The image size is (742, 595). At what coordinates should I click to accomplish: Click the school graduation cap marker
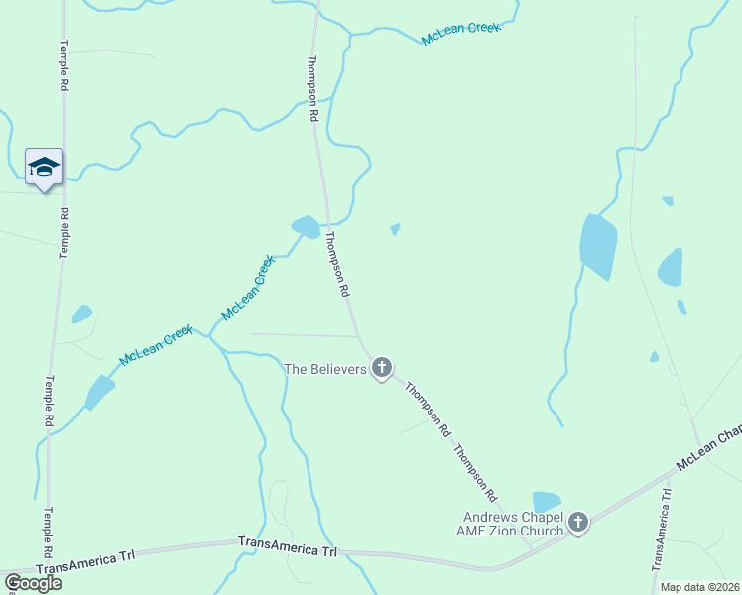pyautogui.click(x=44, y=167)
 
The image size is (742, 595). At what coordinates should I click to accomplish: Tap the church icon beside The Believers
pyautogui.click(x=382, y=370)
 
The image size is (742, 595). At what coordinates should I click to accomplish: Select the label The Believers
pyautogui.click(x=325, y=369)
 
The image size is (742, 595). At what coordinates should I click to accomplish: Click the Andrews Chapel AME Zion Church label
pyautogui.click(x=514, y=524)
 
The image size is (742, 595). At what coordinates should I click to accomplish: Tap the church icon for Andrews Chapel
pyautogui.click(x=578, y=522)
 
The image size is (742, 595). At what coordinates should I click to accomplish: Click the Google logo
pyautogui.click(x=32, y=583)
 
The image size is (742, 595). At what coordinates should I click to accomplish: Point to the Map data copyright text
pyautogui.click(x=700, y=587)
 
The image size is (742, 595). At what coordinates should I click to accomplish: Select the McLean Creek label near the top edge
pyautogui.click(x=461, y=33)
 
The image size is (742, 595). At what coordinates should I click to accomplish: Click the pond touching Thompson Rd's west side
pyautogui.click(x=306, y=227)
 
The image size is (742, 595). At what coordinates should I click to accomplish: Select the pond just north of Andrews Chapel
pyautogui.click(x=547, y=502)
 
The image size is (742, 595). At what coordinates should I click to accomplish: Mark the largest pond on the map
pyautogui.click(x=598, y=246)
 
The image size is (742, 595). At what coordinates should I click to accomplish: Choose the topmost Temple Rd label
pyautogui.click(x=64, y=66)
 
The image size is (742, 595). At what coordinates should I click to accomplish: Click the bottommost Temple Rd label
pyautogui.click(x=47, y=534)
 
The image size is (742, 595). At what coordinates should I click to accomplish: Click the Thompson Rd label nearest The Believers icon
pyautogui.click(x=429, y=411)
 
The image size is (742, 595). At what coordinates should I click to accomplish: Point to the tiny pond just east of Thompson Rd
pyautogui.click(x=395, y=229)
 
